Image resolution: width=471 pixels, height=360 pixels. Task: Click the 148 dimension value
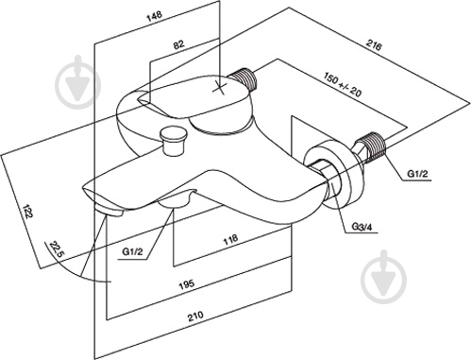[x=155, y=16]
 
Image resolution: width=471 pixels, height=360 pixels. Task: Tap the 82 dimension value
[x=178, y=44]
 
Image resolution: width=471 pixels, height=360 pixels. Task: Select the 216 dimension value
[x=374, y=45]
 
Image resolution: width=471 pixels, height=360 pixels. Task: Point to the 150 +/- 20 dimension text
[x=343, y=84]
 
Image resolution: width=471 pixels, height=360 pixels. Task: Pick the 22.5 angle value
[x=57, y=250]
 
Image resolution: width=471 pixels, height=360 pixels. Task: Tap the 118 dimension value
[x=230, y=240]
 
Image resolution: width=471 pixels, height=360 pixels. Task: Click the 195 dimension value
[x=187, y=284]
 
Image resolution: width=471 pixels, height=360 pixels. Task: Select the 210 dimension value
[x=195, y=316]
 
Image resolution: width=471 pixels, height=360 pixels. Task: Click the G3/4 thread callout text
[x=362, y=227]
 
